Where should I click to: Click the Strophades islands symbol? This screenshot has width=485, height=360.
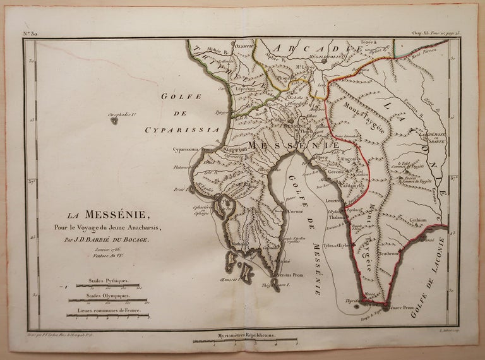(114, 119)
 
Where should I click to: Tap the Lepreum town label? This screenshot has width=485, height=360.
(244, 90)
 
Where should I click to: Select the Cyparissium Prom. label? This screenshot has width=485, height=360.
(191, 150)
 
